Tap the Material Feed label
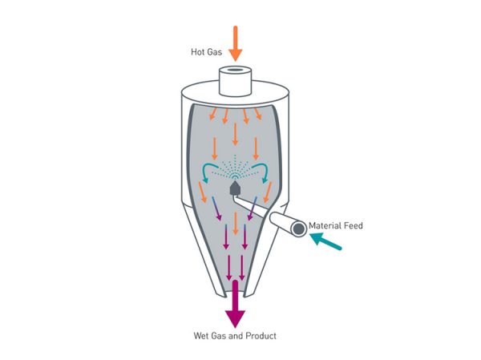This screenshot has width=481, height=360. coord(336,226)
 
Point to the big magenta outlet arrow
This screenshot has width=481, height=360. coord(235,303)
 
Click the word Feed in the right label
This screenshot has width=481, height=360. coord(354,226)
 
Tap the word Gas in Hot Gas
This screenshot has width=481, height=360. coord(214,53)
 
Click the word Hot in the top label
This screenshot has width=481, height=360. coord(196,53)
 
